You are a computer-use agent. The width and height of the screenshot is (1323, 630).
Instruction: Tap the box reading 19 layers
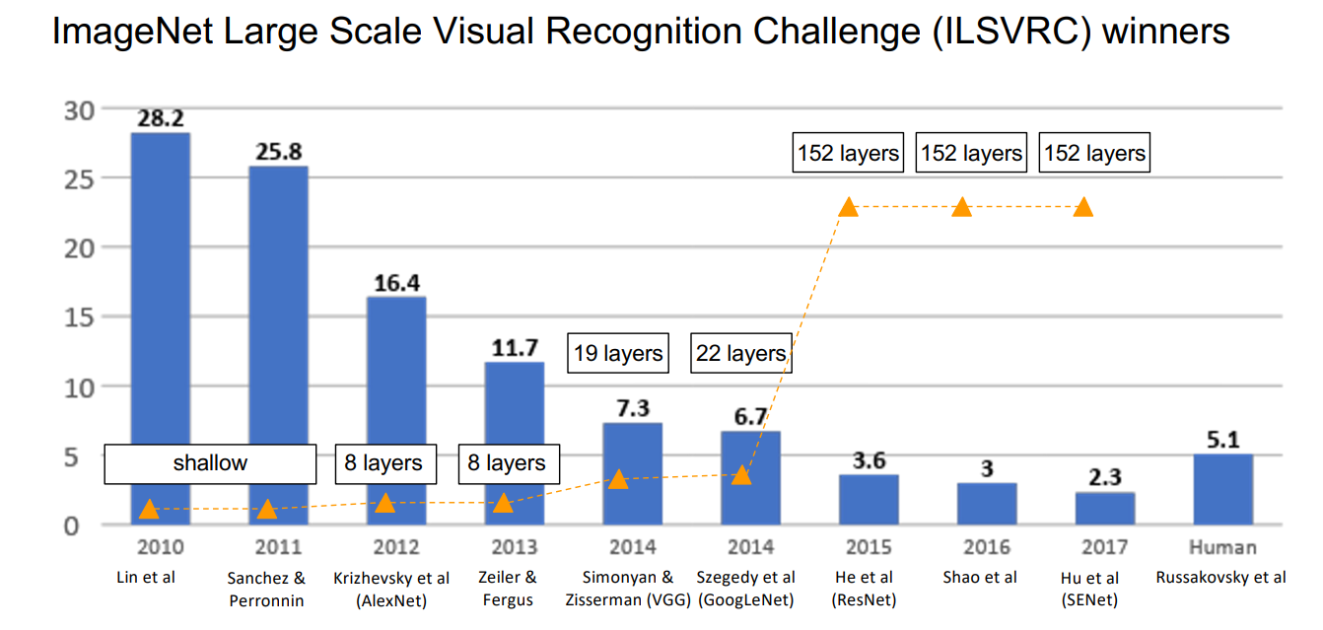click(618, 353)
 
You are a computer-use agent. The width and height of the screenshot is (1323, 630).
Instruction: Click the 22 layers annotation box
click(741, 353)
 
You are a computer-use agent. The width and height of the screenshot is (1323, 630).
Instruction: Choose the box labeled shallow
click(210, 463)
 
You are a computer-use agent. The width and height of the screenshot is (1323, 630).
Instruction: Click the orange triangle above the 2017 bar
click(1083, 207)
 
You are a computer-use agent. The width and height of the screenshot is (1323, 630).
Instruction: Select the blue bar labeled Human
click(1222, 489)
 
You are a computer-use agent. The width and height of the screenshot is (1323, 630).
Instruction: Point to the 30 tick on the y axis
click(78, 109)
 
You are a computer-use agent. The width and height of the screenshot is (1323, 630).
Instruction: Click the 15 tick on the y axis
click(78, 317)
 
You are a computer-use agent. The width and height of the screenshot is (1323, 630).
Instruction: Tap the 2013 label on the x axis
click(514, 548)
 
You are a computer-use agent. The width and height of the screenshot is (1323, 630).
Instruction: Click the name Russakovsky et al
click(1222, 578)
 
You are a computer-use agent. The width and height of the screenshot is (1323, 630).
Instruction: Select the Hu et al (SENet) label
click(1104, 589)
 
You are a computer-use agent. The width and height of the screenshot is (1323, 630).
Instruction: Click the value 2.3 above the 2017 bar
click(1105, 478)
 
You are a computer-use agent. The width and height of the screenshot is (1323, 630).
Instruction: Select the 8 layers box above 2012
click(383, 463)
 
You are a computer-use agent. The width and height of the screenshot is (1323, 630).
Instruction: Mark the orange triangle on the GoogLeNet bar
click(741, 475)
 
